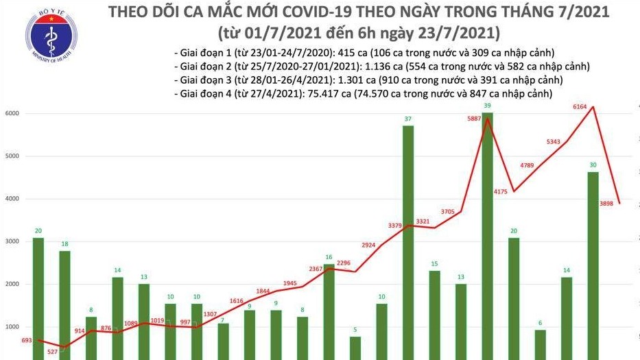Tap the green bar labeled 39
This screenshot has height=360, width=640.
click(487, 233)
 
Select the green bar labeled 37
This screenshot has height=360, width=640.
click(407, 240)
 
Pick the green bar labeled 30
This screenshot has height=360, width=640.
click(593, 264)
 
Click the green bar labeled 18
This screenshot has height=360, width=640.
click(64, 302)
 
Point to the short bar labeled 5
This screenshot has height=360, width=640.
click(355, 347)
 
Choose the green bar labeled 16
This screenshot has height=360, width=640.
click(329, 309)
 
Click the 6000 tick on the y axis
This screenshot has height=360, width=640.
click(13, 113)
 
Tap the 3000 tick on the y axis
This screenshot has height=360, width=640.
click(13, 241)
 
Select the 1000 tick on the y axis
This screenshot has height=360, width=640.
click(13, 327)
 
